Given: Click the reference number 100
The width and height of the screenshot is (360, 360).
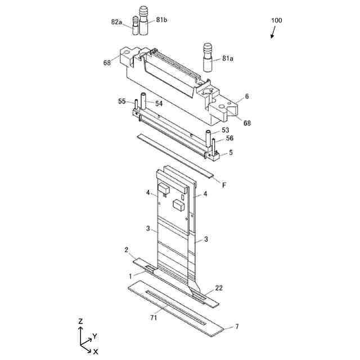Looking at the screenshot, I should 276,20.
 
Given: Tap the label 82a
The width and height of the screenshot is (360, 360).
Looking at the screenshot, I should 116,22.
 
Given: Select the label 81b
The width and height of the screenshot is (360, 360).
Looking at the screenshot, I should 162,20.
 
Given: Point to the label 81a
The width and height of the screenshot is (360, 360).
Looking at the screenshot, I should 228,58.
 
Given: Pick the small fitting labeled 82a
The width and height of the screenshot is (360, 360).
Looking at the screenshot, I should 136,26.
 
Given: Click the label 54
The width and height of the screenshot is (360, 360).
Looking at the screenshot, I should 159,103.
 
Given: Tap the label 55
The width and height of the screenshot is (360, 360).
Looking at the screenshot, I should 122,101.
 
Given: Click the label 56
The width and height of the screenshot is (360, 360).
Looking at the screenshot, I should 229,138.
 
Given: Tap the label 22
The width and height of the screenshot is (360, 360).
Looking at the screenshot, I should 219,288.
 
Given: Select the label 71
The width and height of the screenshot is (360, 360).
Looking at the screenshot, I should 153,318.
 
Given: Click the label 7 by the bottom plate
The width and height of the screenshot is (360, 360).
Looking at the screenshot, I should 237,326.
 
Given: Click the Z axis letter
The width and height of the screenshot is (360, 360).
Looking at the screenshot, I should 81,321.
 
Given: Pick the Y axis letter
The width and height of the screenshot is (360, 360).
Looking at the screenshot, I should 95,336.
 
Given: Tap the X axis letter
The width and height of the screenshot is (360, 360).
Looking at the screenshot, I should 96,350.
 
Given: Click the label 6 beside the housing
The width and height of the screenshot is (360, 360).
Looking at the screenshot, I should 246,97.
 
